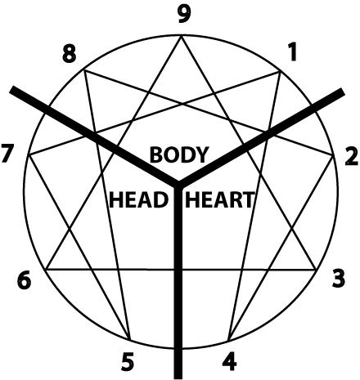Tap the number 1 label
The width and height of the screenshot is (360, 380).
[x=292, y=52]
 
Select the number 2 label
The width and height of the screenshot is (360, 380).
[x=351, y=157]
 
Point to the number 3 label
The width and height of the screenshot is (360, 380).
[x=339, y=279]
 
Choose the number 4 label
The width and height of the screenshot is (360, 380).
[x=230, y=361]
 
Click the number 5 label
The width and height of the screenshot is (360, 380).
[x=128, y=361]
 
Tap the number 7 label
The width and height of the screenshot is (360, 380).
[x=7, y=154]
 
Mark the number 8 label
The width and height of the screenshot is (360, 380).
[x=69, y=54]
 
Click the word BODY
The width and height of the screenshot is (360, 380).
[x=179, y=154]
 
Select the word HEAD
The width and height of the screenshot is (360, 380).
[x=138, y=199]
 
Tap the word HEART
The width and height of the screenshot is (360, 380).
[x=220, y=199]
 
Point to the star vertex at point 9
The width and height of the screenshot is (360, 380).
[x=181, y=36]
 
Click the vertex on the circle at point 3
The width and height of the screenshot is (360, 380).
[x=316, y=270]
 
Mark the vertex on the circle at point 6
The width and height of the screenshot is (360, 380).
[x=46, y=270]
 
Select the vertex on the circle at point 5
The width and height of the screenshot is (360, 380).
[x=130, y=341]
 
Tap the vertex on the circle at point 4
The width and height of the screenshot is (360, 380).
[x=228, y=341]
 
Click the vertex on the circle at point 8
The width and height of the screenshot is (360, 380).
[x=84, y=70]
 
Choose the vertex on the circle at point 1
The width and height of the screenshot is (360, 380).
[x=281, y=71]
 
